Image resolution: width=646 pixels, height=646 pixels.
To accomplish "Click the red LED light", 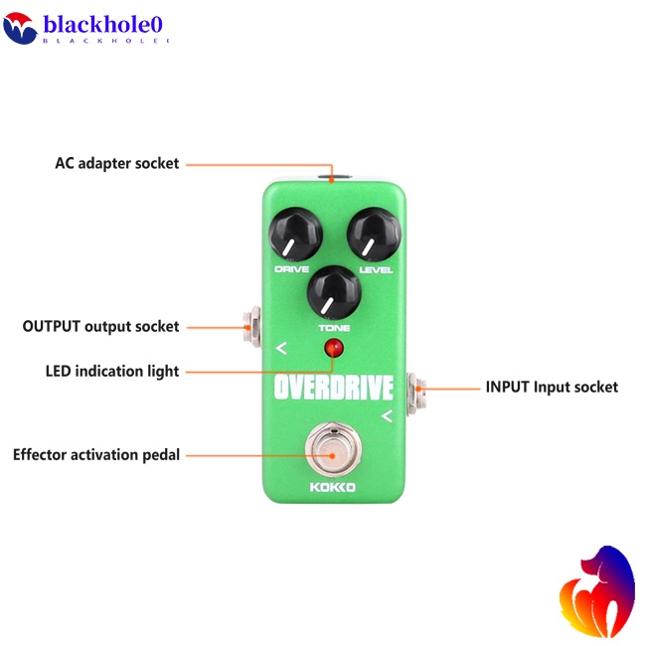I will point(333,349).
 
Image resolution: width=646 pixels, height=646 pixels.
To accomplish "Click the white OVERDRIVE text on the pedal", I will point(333,386).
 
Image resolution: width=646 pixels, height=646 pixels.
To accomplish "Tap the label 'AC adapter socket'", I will point(117,163).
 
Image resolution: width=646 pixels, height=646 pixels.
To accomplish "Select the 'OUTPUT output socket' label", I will point(101,326).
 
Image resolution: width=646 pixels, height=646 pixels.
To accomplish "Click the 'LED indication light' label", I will point(112,372).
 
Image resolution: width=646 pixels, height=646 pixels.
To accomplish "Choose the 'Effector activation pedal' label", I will point(96,455).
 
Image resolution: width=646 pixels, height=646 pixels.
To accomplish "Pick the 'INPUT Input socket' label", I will point(552,387).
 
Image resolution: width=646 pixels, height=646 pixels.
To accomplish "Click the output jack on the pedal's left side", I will point(251,325).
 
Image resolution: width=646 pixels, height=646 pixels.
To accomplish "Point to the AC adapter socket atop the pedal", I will point(333,180).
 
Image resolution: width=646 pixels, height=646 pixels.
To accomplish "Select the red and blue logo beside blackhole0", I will point(20,28).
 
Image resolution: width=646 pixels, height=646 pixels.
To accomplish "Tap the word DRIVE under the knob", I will point(291,269).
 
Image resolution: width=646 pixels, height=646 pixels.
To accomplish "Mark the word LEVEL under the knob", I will point(377,270).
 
